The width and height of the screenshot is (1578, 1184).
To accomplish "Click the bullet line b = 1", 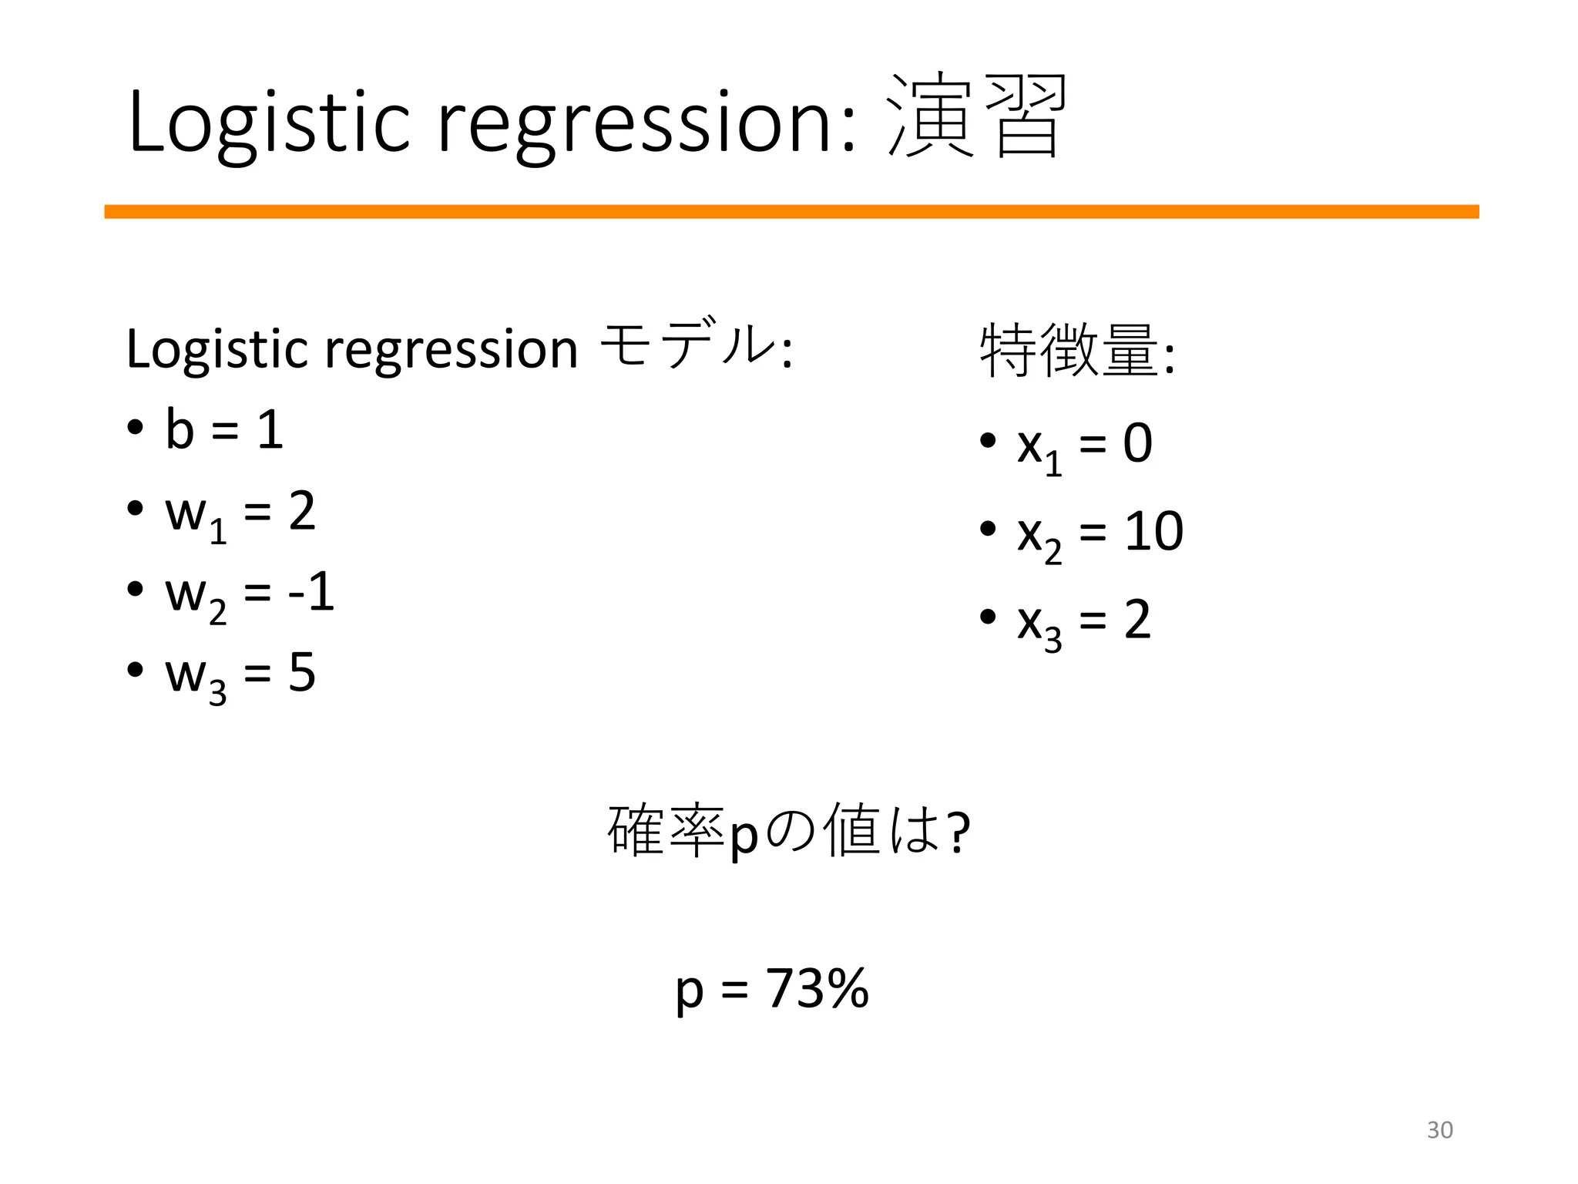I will tap(223, 429).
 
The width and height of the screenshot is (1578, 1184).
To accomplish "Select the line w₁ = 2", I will tap(240, 513).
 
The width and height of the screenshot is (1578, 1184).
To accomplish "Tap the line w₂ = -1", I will tap(249, 594).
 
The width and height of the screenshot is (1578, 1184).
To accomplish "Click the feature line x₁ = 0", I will tap(1083, 445).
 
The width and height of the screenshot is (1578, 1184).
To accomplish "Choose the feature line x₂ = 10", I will tap(1099, 533).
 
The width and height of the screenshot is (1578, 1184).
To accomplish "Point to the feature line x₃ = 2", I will tap(1083, 621).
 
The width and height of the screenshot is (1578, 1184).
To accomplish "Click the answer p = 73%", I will tap(772, 988).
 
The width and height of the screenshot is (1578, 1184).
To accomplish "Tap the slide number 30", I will tap(1439, 1130).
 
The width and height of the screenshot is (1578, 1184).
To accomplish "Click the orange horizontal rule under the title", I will tap(791, 212).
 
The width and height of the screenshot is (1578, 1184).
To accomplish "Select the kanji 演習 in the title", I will tap(977, 117).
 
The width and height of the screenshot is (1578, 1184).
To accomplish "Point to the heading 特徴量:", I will tap(1076, 351).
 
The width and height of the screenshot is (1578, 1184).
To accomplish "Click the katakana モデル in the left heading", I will tap(686, 346).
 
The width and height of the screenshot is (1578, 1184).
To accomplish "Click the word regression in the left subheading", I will tap(451, 350).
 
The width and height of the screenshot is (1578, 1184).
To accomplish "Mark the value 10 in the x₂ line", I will tap(1153, 531).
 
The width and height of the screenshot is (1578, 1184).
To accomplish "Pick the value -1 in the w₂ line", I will tap(311, 592).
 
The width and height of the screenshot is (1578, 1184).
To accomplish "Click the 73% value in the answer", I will tap(818, 988).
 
